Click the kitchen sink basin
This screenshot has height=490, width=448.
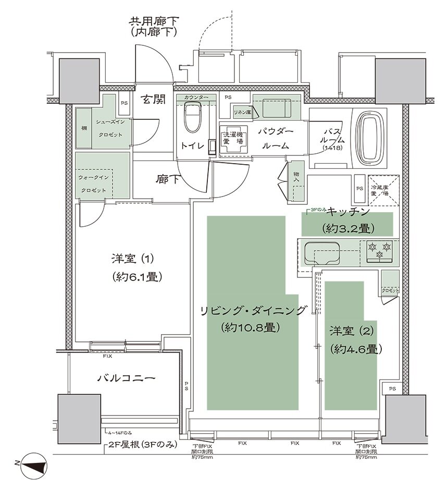(x=322, y=252)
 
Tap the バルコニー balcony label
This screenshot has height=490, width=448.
(x=127, y=377)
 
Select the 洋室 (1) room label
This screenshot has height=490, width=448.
(x=133, y=259)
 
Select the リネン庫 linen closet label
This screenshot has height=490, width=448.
(x=242, y=112)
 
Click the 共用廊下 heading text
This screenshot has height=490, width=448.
(x=154, y=21)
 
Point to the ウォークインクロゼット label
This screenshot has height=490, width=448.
(x=93, y=183)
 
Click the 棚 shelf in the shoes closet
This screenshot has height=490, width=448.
(x=83, y=128)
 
